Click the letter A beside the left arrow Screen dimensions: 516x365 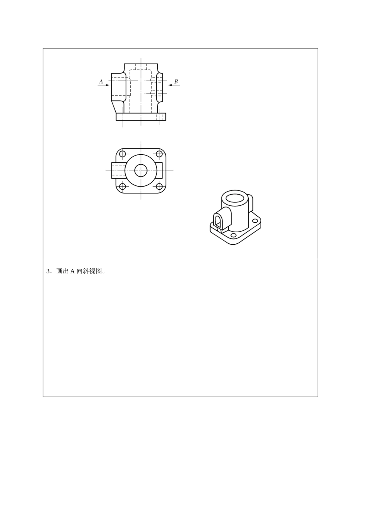(x=101, y=81)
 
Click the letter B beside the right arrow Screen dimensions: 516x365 (x=176, y=81)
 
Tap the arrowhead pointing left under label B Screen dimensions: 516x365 (x=171, y=85)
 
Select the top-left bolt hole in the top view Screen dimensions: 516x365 (x=123, y=154)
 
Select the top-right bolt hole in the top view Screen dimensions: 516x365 (x=159, y=154)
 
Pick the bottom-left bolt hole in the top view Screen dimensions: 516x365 (x=123, y=187)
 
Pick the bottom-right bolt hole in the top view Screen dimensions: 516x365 (x=159, y=187)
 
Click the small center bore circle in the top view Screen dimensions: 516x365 (x=141, y=170)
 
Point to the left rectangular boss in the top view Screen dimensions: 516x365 (x=118, y=170)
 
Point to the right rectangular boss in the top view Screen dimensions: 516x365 (x=159, y=170)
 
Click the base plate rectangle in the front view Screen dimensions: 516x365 (x=141, y=117)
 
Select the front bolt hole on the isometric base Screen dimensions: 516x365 (x=234, y=235)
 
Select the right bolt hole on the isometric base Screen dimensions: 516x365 (x=255, y=221)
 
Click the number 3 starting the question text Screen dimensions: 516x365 (x=48, y=271)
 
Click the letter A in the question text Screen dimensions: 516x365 (x=72, y=271)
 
